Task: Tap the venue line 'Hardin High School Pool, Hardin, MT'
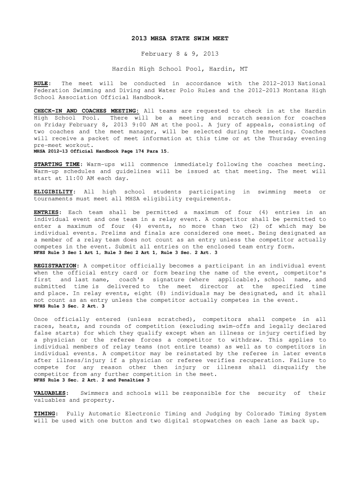tap(180, 69)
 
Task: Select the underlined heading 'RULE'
tap(41, 84)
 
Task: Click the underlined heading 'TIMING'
tap(45, 414)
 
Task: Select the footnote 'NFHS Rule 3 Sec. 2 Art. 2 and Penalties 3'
tap(92, 380)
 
